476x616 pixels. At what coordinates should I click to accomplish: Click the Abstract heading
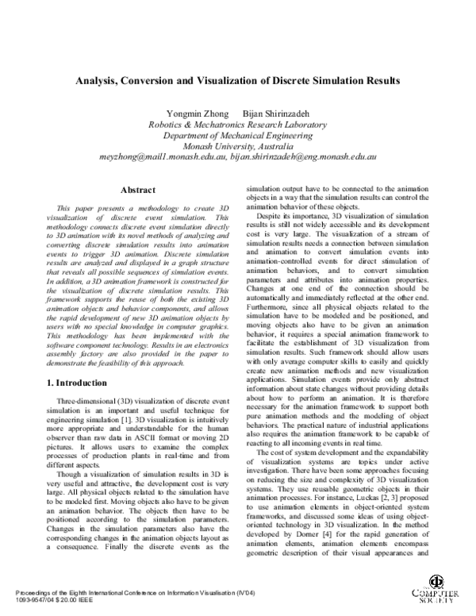132,191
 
